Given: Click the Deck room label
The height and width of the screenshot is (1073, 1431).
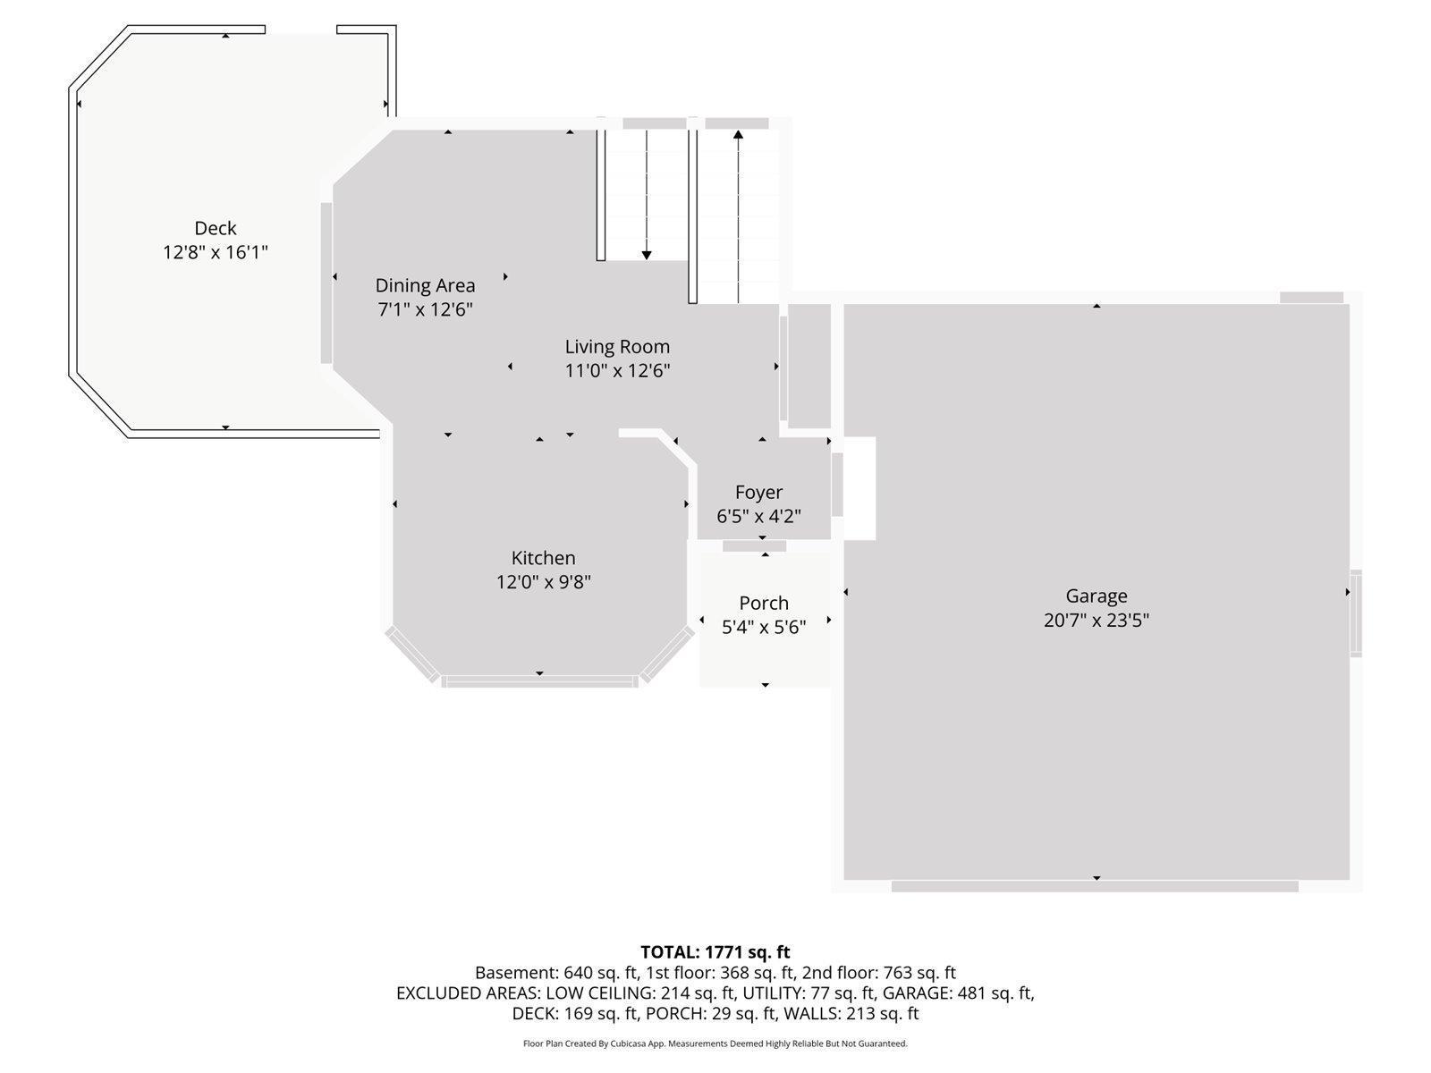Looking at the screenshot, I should point(216,228).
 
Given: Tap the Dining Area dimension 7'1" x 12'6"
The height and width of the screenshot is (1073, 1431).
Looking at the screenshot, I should point(424,309).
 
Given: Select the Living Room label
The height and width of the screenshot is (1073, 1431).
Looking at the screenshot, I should point(617,347).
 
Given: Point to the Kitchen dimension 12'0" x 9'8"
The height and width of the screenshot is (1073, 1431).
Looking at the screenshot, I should point(544,582).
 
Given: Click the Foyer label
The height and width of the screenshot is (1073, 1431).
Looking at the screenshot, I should point(758,492).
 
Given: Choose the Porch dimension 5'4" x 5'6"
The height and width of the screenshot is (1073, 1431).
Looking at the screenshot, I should point(764,628).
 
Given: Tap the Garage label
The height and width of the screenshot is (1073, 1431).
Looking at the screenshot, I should point(1096,596).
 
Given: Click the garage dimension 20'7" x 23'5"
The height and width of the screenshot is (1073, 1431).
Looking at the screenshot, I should point(1096,620).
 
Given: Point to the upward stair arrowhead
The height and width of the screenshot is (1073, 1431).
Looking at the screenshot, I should point(738,135).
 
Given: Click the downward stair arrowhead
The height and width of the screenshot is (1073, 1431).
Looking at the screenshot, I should point(647,255).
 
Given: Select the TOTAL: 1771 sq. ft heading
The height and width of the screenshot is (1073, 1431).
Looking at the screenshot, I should point(715,951).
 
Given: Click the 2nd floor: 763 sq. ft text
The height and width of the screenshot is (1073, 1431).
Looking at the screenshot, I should point(879,973).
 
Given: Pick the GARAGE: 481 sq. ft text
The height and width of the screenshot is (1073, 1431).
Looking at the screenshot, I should point(958,993).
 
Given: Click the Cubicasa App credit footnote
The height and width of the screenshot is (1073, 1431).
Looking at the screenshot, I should point(715,1043).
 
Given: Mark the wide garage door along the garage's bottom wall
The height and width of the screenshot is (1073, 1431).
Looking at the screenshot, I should point(1095,886).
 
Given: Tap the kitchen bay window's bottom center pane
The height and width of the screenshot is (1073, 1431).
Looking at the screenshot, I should point(539,681).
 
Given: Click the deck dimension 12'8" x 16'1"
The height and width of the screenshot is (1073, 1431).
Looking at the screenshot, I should point(216,252).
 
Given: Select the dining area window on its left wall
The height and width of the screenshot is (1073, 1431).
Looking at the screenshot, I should point(326,283).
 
